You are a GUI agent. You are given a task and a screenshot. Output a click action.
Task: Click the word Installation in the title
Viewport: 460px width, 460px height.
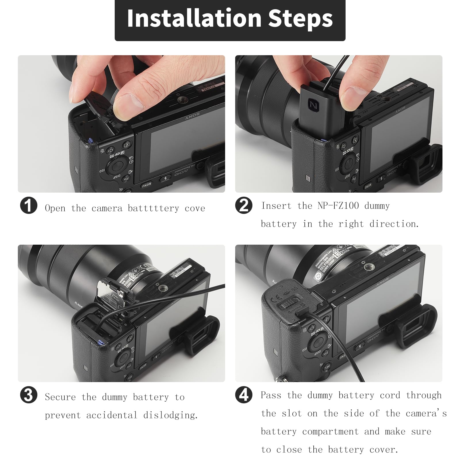tap(194, 18)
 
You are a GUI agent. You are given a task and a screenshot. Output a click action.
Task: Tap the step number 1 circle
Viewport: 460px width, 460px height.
tap(28, 206)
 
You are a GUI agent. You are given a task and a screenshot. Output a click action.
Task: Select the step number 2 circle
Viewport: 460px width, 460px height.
tap(244, 206)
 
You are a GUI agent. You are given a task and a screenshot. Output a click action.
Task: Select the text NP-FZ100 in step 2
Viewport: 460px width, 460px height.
tap(338, 206)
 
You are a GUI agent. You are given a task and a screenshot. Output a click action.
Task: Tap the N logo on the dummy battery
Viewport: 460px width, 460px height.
tap(313, 106)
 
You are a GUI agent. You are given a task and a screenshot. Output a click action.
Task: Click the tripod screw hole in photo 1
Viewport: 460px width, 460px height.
tap(182, 100)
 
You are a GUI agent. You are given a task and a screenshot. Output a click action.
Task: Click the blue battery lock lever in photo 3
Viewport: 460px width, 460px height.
tap(100, 342)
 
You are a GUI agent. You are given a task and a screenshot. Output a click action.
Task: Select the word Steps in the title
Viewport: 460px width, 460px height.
tap(300, 18)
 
